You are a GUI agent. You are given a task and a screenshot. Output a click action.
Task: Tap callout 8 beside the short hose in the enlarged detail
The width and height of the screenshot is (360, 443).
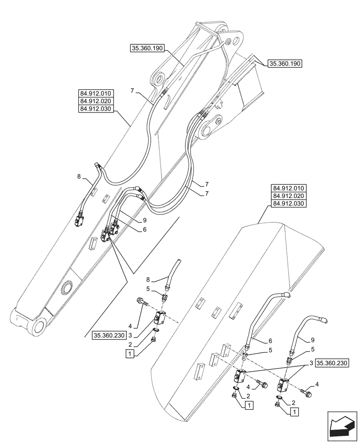pos(149,280)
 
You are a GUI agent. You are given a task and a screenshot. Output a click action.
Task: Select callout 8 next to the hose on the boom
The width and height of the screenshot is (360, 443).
pos(78,176)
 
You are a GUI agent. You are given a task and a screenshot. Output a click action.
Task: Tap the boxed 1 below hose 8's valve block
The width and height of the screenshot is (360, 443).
pos(129,353)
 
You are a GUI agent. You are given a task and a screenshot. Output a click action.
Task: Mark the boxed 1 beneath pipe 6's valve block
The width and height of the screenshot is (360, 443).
pos(250,404)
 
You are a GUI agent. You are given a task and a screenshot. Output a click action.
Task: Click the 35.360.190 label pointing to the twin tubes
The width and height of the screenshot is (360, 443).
pos(285,64)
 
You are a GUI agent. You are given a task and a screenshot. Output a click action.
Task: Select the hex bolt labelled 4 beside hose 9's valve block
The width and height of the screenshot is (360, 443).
pos(307,391)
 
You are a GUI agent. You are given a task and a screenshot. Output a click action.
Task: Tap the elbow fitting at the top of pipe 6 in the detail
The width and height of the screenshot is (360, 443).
pos(287,294)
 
